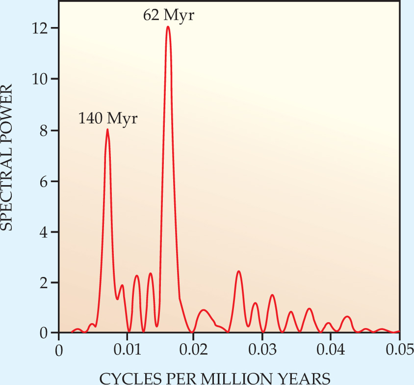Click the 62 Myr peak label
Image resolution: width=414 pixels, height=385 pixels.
169,15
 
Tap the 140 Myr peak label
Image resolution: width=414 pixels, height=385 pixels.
108,118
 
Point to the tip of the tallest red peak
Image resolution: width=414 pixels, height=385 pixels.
168,27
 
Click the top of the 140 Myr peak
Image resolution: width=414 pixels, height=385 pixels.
107,130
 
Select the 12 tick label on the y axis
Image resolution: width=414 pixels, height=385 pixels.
41,28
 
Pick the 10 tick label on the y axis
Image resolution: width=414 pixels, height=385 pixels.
41,79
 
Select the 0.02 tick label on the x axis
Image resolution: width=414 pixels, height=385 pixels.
194,351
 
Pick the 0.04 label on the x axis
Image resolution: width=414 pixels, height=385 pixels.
331,351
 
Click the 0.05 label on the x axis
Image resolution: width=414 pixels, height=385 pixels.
398,351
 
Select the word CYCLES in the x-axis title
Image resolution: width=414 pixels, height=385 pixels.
125,378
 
